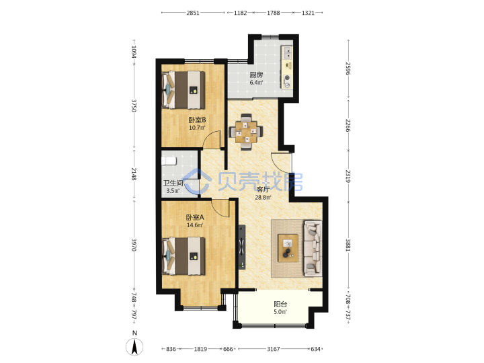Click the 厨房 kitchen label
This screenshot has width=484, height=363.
click(256, 75)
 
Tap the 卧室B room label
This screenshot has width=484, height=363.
click(197, 120)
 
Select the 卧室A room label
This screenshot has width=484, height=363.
click(195, 217)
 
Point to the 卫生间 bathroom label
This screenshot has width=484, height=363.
click(173, 183)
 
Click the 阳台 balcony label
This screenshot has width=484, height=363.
click(280, 305)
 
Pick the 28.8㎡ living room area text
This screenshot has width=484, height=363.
click(263, 197)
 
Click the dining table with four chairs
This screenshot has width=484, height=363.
click(246, 132)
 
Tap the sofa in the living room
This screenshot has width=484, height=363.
click(313, 248)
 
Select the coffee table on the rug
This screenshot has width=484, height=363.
click(288, 248)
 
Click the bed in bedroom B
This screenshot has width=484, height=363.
click(184, 90)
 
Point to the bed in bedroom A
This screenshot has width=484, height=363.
click(184, 256)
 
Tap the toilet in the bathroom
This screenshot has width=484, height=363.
click(169, 161)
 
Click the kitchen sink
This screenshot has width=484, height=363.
click(288, 52)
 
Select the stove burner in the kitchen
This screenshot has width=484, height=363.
click(288, 81)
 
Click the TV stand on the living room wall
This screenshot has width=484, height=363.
click(242, 247)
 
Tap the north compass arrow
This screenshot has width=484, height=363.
click(134, 347)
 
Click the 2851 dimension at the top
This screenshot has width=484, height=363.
click(193, 13)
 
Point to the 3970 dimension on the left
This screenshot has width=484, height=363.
click(134, 245)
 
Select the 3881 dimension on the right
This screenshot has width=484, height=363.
click(348, 245)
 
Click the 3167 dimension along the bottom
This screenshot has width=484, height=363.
click(274, 349)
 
